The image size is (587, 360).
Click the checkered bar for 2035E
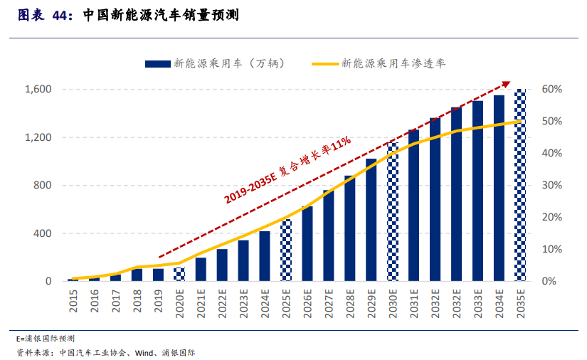[x=520, y=185]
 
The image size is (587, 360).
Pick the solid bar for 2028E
[x=350, y=228]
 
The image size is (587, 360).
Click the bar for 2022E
[x=222, y=265]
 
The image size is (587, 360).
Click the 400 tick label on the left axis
[x=43, y=233]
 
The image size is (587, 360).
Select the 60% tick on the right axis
[x=552, y=90]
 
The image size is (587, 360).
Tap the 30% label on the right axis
[x=552, y=186]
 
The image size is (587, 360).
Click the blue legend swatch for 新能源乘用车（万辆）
[x=158, y=63]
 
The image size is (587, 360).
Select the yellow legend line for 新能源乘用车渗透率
[x=325, y=63]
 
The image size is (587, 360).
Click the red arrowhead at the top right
[x=506, y=85]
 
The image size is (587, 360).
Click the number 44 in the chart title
[x=62, y=14]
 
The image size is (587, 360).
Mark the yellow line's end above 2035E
[x=521, y=122]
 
